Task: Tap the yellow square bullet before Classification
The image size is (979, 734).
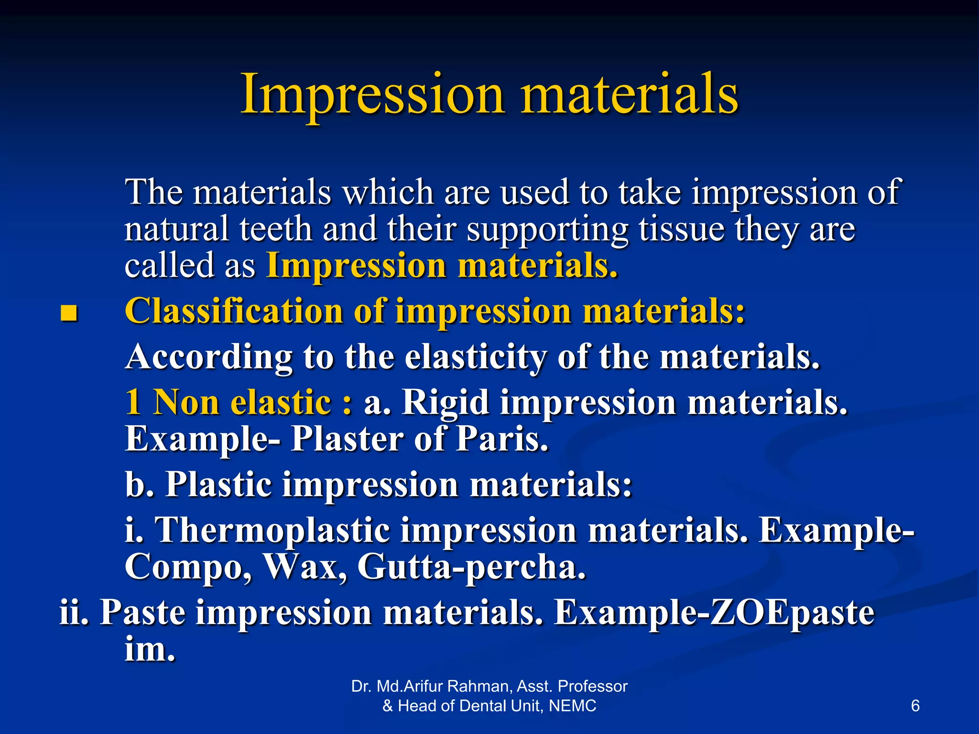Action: [69, 313]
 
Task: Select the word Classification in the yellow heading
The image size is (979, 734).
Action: [234, 312]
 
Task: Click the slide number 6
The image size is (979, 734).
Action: [915, 706]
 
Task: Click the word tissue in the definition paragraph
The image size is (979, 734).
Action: [682, 229]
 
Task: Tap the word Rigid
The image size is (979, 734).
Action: [445, 402]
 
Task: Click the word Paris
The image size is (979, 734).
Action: [501, 439]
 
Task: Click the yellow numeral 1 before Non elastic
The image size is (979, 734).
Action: [133, 402]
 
